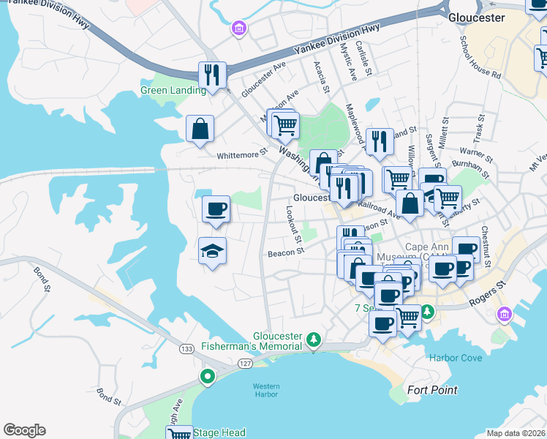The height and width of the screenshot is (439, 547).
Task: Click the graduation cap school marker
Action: click(213, 252)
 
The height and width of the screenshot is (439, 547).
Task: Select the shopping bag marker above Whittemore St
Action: click(200, 130)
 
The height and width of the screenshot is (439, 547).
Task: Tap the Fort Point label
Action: click(432, 390)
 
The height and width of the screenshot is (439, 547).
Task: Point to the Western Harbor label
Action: click(266, 390)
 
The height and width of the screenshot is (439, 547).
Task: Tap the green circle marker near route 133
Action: click(208, 378)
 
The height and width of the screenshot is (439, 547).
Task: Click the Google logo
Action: click(24, 430)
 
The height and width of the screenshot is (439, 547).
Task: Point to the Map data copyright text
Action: click(516, 433)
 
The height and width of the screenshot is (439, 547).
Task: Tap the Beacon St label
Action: click(285, 252)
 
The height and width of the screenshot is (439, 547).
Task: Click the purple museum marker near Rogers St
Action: click(504, 315)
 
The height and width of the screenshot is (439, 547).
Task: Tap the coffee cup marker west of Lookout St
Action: click(216, 209)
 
